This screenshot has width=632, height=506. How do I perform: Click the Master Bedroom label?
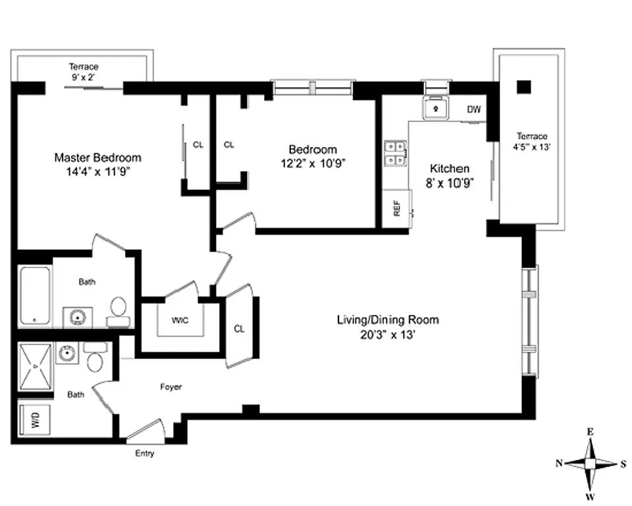(97, 158)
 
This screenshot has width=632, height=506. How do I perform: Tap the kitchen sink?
(434, 108)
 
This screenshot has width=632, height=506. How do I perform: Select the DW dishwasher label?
(473, 109)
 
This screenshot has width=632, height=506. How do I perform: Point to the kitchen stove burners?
(394, 153)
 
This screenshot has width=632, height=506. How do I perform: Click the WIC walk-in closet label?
(180, 321)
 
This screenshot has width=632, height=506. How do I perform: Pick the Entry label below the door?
(145, 454)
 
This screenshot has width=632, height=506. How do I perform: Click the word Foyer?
(171, 387)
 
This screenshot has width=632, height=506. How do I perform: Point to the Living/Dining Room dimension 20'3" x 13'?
(387, 335)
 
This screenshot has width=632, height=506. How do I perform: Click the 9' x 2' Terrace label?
(84, 77)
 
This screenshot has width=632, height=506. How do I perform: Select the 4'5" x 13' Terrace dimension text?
(532, 148)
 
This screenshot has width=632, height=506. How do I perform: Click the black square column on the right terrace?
(523, 86)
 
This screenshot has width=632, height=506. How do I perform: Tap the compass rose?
(591, 463)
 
